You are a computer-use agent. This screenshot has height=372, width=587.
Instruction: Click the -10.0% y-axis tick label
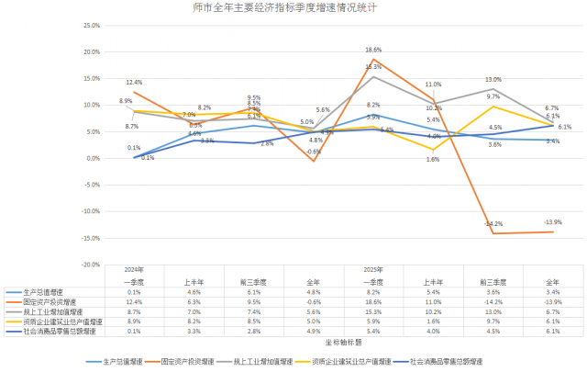[x=88, y=211]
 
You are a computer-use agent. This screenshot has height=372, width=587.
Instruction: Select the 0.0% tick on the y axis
[x=91, y=158]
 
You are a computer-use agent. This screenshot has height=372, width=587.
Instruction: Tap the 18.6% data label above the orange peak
[x=373, y=50]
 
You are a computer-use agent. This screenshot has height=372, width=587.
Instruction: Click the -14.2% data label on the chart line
[x=494, y=223]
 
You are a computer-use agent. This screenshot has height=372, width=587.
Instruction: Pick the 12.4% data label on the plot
[x=135, y=83]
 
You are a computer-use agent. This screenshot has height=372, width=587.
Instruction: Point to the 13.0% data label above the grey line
[x=493, y=79]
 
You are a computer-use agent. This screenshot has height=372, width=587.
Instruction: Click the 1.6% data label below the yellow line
[x=434, y=160]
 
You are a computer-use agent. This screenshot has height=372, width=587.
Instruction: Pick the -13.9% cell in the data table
[x=553, y=301]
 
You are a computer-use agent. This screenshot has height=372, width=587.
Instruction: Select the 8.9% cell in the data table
[x=135, y=322]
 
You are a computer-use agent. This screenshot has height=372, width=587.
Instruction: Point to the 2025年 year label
[x=373, y=269]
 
